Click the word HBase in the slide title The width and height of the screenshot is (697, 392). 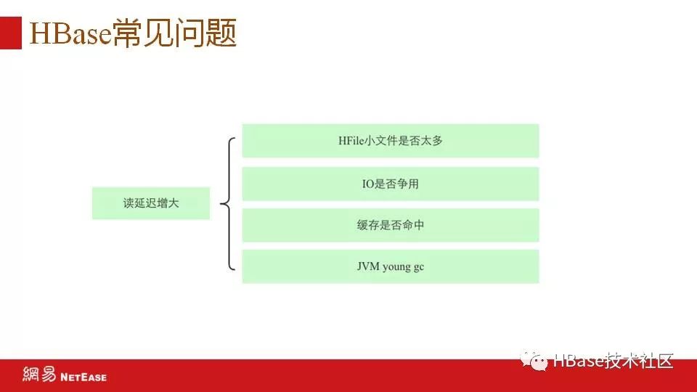coord(70,34)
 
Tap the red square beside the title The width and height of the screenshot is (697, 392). coord(10,33)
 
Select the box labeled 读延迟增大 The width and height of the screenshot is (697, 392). coord(151,203)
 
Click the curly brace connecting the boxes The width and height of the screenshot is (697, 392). coord(228,203)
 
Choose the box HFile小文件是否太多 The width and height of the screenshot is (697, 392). coord(390,141)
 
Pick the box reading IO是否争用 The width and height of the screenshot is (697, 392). coord(390,184)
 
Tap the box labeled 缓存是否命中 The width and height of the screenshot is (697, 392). coord(390,225)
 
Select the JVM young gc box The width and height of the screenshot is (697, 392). coord(390,266)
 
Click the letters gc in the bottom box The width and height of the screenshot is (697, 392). coord(419,267)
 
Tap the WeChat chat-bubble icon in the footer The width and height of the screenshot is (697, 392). coord(537,361)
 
